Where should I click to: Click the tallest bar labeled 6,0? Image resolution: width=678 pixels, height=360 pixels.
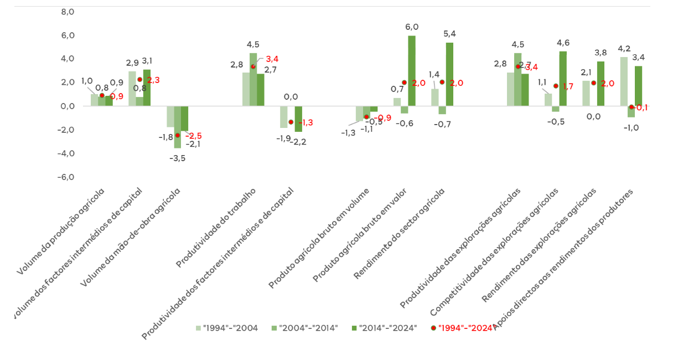pyautogui.click(x=412, y=71)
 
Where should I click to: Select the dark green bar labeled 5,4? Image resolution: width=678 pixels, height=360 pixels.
pyautogui.click(x=449, y=74)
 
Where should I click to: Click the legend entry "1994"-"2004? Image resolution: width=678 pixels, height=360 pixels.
pyautogui.click(x=226, y=327)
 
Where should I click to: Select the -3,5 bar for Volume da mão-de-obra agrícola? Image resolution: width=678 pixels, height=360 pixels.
pyautogui.click(x=178, y=127)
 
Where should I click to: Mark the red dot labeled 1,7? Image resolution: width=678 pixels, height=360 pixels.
pyautogui.click(x=556, y=86)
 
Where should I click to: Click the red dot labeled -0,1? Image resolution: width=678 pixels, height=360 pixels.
pyautogui.click(x=631, y=107)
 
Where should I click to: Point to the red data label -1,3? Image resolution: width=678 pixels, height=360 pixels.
pyautogui.click(x=304, y=122)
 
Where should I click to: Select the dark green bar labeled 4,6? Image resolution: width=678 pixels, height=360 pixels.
pyautogui.click(x=563, y=79)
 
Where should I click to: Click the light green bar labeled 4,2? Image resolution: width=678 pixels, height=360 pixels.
pyautogui.click(x=624, y=81)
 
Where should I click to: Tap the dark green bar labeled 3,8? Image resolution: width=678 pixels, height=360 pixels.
pyautogui.click(x=601, y=84)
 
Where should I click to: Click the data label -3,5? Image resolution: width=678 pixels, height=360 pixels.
pyautogui.click(x=177, y=158)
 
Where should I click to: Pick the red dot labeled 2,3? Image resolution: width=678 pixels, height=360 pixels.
pyautogui.click(x=139, y=79)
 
